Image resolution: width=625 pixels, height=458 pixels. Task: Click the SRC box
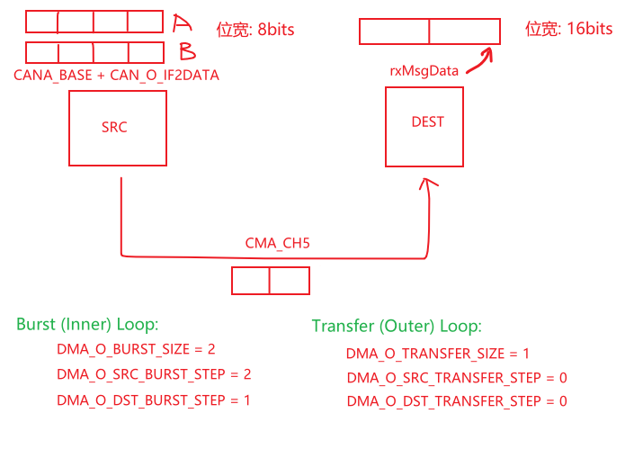(117, 129)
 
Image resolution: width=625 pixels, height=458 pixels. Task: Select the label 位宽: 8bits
(255, 30)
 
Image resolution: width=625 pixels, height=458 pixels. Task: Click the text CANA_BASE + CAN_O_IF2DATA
(116, 76)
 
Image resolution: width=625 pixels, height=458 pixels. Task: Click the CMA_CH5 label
(271, 243)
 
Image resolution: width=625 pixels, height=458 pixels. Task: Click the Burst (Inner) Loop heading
(87, 324)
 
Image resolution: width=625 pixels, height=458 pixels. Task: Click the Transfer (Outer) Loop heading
(397, 326)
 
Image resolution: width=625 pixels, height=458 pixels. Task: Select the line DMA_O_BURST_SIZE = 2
(136, 348)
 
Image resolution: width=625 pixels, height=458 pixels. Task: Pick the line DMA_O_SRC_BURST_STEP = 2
(154, 373)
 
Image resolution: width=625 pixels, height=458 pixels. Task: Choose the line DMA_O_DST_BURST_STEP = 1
(154, 400)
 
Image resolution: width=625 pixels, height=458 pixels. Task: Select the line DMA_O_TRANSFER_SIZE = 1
(438, 354)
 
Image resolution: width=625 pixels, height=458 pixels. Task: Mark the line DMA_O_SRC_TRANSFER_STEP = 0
(457, 378)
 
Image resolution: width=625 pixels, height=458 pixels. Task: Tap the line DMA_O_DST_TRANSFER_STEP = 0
(457, 401)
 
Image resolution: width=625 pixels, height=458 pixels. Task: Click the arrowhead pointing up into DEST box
(428, 185)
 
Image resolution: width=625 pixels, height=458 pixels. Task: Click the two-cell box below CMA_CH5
(271, 281)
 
